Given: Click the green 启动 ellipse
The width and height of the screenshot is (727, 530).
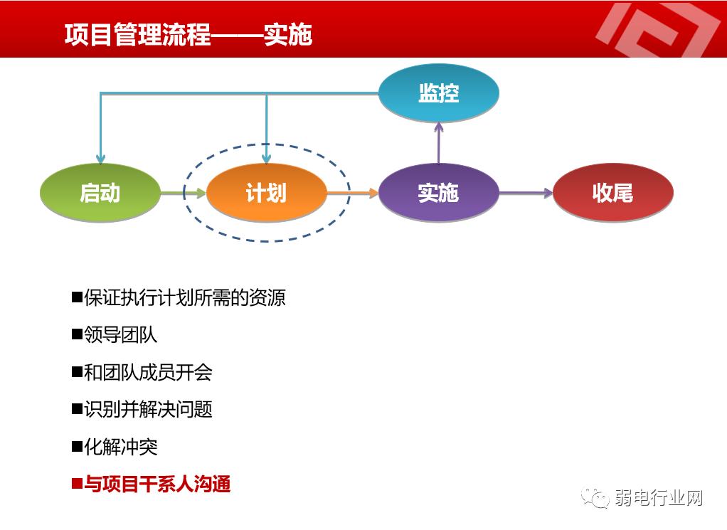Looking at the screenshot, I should (100, 193).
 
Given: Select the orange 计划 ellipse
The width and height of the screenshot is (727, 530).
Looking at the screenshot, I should (267, 193).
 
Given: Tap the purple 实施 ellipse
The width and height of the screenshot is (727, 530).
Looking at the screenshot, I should (438, 193).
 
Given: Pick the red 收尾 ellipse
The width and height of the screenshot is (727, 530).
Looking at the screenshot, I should (612, 193).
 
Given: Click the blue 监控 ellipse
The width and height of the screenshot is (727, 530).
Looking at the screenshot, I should (438, 93).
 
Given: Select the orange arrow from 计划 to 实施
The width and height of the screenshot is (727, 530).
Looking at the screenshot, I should (353, 193).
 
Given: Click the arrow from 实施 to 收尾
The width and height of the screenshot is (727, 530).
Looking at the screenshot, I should (526, 193).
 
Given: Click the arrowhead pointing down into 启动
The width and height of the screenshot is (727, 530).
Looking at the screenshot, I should (101, 157).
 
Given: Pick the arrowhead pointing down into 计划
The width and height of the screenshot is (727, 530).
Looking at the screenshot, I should (267, 157).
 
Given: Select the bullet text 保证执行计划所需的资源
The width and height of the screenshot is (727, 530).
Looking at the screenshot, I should (185, 297).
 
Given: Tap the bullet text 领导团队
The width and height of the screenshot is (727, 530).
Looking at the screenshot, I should (121, 334).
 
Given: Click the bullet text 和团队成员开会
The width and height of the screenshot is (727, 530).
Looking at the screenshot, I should (148, 372).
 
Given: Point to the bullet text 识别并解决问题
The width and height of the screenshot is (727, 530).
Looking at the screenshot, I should (148, 410).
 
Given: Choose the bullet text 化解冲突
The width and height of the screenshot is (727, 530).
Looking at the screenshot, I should (121, 447).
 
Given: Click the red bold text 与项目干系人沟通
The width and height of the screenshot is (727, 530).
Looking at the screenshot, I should (157, 485).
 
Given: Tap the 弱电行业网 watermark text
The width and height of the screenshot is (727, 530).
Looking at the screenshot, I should (659, 498).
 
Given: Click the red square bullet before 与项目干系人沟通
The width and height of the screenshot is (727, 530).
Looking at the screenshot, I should (77, 485).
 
